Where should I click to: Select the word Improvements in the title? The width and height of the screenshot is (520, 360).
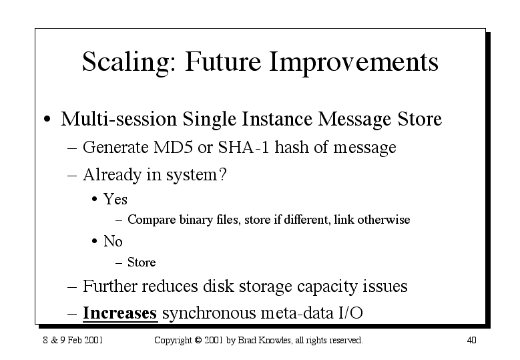pyautogui.click(x=354, y=62)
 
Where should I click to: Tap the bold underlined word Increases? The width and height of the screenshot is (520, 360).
pyautogui.click(x=119, y=313)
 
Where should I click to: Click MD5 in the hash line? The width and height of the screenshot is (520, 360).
pyautogui.click(x=172, y=147)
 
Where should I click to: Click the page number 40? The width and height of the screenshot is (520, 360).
pyautogui.click(x=471, y=340)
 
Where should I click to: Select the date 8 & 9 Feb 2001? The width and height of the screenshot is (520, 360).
pyautogui.click(x=73, y=340)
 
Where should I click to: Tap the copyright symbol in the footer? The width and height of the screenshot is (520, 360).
pyautogui.click(x=198, y=340)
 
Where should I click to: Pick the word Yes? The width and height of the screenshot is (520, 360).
pyautogui.click(x=115, y=200)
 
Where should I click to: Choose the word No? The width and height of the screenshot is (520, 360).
pyautogui.click(x=113, y=241)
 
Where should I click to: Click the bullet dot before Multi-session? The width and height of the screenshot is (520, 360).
pyautogui.click(x=47, y=119)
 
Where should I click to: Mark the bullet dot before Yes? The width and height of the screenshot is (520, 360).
pyautogui.click(x=95, y=200)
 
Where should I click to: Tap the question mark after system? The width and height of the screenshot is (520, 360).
pyautogui.click(x=223, y=174)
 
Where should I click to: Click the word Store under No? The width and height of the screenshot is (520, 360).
pyautogui.click(x=142, y=262)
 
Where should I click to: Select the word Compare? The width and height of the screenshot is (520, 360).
pyautogui.click(x=152, y=220)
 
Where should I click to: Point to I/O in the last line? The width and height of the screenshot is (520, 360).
pyautogui.click(x=350, y=313)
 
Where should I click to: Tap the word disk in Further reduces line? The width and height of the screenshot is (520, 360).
pyautogui.click(x=218, y=286)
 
